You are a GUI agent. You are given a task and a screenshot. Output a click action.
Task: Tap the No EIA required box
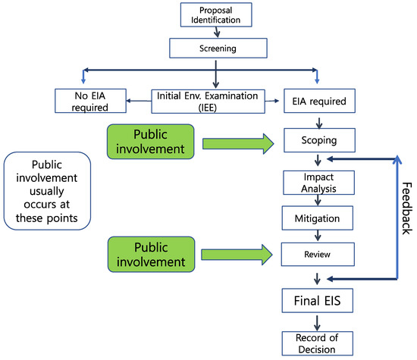[x=89, y=102]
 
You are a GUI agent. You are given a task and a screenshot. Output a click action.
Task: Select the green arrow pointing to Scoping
[x=237, y=140]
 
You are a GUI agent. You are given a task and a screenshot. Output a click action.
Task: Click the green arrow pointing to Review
[x=237, y=254]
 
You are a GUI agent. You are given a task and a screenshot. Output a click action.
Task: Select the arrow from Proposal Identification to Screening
[x=217, y=32]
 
